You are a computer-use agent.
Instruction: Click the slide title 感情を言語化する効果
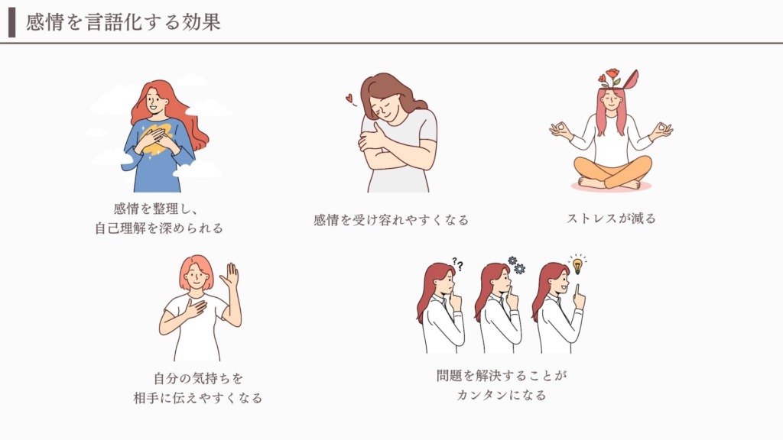pos(123,22)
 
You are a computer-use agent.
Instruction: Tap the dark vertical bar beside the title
pos(12,22)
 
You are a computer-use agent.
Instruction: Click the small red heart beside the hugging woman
pos(349,99)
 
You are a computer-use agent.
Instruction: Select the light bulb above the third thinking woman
pos(577,264)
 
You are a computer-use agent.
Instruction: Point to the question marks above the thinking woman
pos(458,264)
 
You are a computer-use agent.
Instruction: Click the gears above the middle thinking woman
pos(516,265)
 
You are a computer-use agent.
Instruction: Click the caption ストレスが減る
pos(611,218)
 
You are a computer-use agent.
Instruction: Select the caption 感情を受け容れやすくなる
pos(391,220)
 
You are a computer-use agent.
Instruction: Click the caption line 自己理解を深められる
pos(159,228)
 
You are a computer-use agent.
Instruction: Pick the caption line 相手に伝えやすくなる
pos(198,397)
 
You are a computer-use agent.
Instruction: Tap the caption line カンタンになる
pos(502,395)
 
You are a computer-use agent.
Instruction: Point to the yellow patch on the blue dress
pos(158,138)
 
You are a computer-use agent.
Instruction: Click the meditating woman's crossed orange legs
pos(612,172)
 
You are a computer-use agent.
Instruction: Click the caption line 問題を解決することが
pos(502,375)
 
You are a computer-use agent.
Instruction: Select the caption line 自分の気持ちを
pos(198,378)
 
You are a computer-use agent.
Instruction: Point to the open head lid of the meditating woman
pos(631,79)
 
